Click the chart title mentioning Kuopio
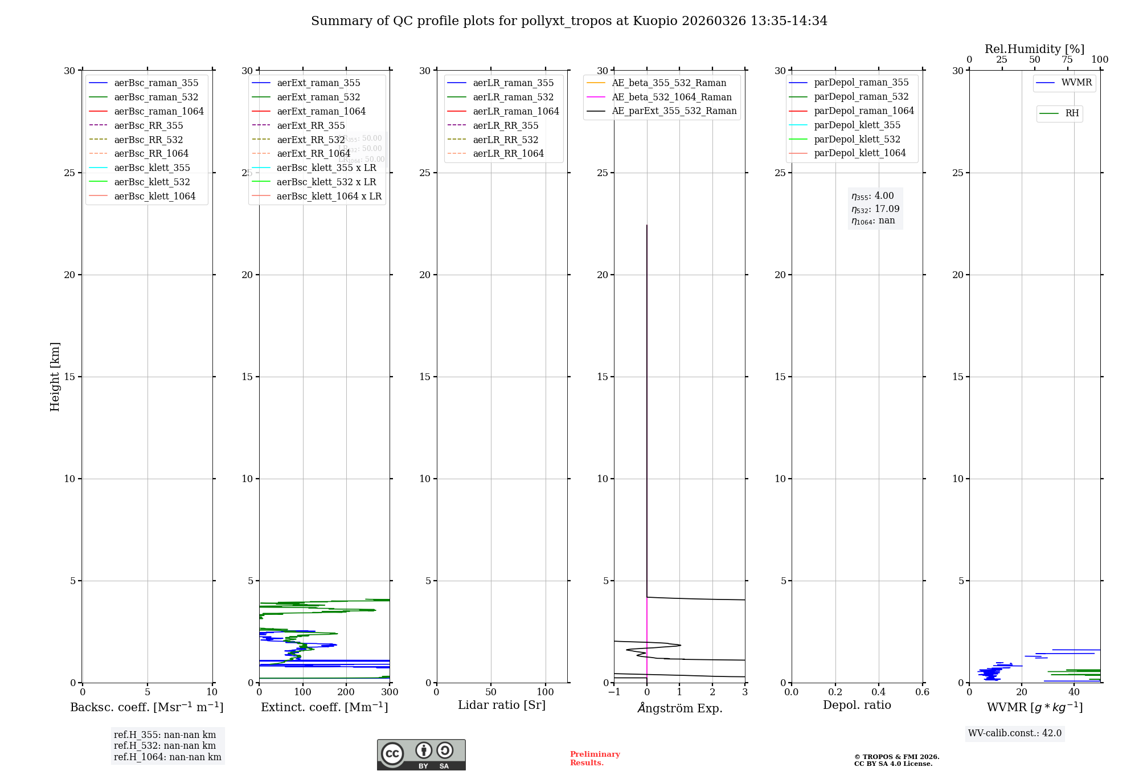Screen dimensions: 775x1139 pos(569,21)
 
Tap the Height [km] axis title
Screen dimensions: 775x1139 pos(55,377)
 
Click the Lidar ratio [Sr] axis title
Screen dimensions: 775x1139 pos(502,705)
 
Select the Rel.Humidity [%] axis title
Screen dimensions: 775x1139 pos(1034,49)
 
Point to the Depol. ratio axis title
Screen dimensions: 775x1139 pos(857,705)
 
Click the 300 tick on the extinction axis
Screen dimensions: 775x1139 pos(390,692)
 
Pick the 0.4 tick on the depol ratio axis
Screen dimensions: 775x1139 pos(879,692)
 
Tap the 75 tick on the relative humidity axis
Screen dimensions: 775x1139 pos(1067,60)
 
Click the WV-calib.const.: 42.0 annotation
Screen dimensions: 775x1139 pos(1015,733)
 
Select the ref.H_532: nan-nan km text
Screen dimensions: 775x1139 pos(165,745)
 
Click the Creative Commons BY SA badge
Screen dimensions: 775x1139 pos(421,754)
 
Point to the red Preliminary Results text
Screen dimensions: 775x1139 pos(595,758)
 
